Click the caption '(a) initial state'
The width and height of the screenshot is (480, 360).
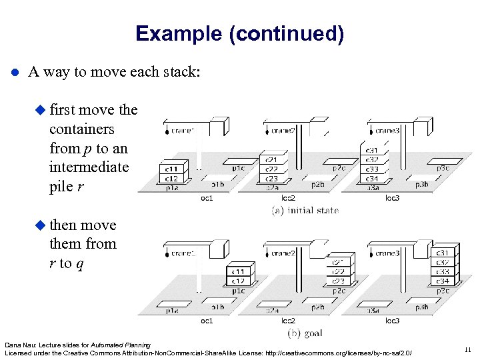[x=305, y=211]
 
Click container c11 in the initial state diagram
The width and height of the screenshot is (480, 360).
[x=171, y=170]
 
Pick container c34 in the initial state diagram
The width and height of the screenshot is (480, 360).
[x=372, y=178]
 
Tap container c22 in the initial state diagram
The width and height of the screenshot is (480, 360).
[x=271, y=169]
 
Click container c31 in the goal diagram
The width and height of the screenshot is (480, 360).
[x=443, y=253]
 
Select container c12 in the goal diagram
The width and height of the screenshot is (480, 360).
[x=238, y=281]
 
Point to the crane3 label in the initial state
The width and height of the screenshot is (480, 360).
[x=387, y=131]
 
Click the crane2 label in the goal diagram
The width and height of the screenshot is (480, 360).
[x=283, y=253]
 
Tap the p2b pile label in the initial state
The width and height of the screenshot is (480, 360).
[x=318, y=184]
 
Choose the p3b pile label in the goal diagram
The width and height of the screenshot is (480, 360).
[x=421, y=307]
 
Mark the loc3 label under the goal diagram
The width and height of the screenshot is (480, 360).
[x=393, y=321]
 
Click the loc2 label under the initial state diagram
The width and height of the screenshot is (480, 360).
[x=288, y=198]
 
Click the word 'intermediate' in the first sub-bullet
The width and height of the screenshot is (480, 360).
[x=89, y=167]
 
